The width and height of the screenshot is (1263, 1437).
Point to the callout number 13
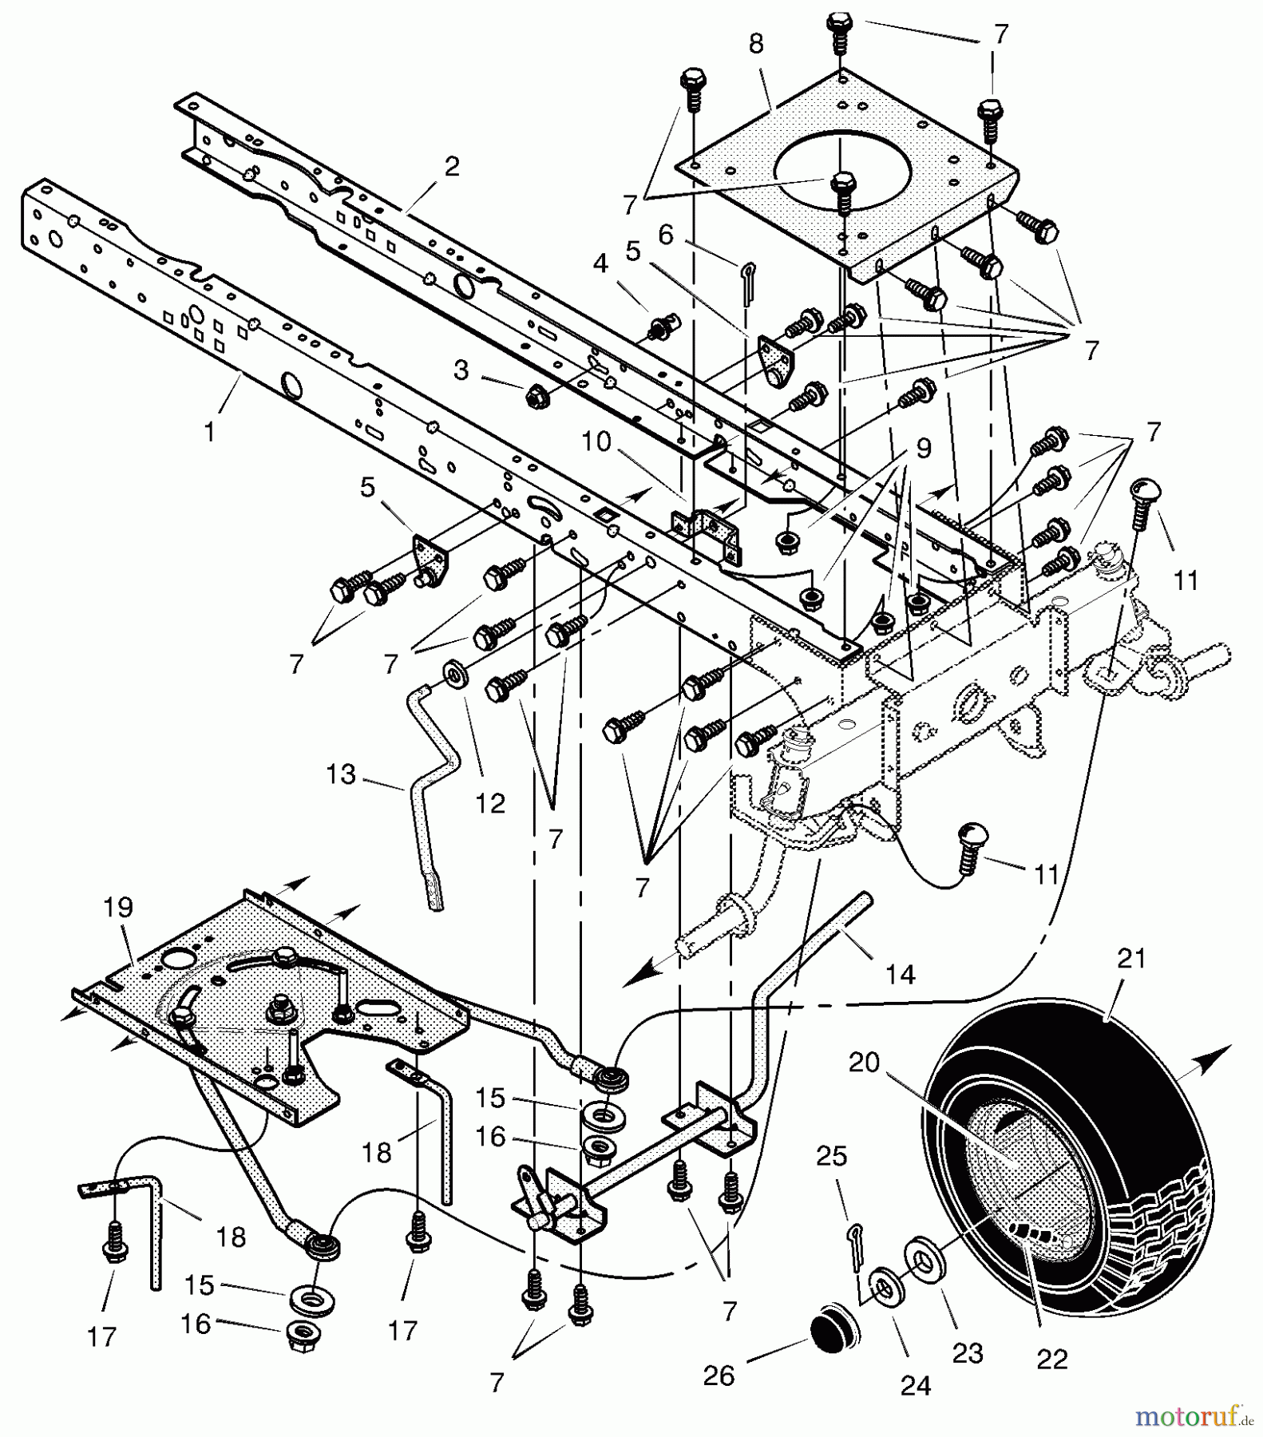pos(341,774)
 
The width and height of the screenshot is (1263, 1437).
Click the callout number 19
pos(117,907)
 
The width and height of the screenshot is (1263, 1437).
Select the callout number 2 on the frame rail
pos(452,168)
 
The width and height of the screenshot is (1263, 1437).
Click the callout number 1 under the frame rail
pos(209,433)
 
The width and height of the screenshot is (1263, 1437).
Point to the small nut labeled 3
pos(533,394)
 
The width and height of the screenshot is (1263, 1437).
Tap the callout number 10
pos(596,441)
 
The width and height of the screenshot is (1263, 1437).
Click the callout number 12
pos(490,803)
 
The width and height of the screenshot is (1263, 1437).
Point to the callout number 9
pos(923,449)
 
